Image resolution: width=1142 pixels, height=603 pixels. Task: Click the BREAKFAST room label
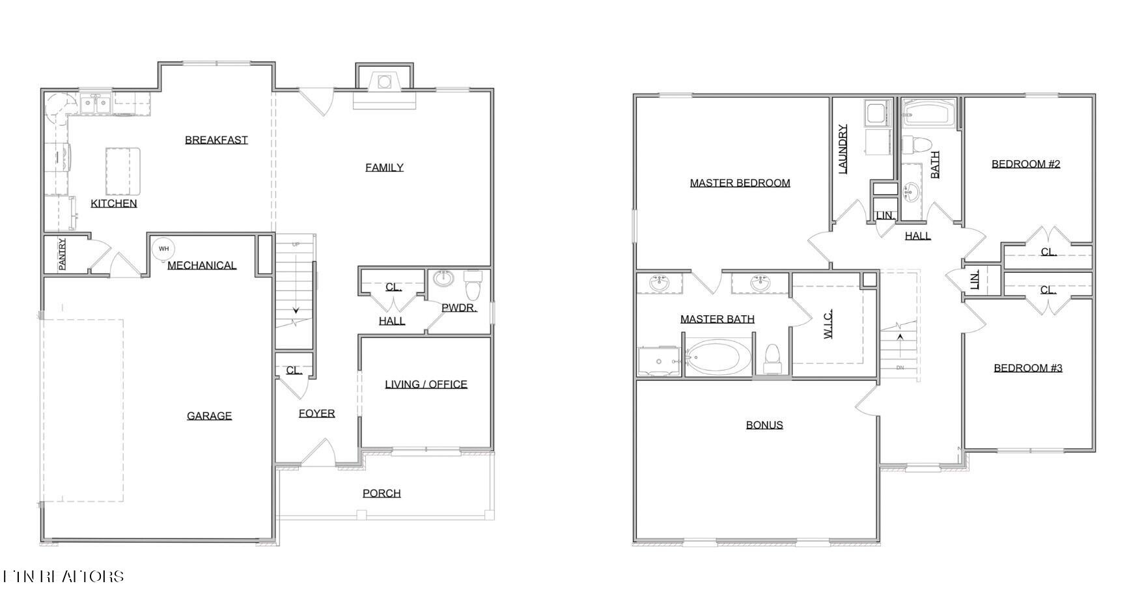click(216, 139)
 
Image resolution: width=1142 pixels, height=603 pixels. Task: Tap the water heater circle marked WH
click(163, 248)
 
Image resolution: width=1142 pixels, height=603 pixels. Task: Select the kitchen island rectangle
click(123, 171)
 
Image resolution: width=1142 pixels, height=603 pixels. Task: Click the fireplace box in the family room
click(384, 82)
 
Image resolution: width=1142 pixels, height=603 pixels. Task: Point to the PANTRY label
click(63, 254)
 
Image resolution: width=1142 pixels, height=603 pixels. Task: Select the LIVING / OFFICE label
click(426, 384)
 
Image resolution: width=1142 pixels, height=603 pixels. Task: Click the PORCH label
click(382, 493)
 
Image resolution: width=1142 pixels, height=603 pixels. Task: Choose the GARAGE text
click(209, 415)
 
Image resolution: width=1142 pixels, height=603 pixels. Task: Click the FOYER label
click(316, 413)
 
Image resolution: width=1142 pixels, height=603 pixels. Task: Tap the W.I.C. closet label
click(828, 324)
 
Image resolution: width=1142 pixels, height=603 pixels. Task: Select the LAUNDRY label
click(843, 149)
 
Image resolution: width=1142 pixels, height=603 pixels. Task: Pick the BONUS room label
click(764, 425)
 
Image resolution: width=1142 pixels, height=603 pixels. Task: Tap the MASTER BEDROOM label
click(740, 183)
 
